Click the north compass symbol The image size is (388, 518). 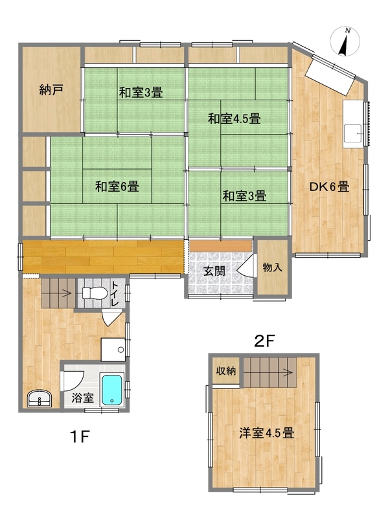(x=345, y=42)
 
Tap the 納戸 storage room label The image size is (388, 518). (x=51, y=89)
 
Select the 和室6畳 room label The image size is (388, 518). (x=117, y=186)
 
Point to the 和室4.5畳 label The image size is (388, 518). (x=234, y=118)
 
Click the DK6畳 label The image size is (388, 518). (x=329, y=187)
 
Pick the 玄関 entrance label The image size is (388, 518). (x=214, y=271)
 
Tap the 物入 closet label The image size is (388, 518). (x=272, y=267)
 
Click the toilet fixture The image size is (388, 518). (x=94, y=293)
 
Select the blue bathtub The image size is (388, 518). (x=112, y=390)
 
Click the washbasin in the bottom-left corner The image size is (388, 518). (x=40, y=399)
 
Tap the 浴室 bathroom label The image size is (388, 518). (x=83, y=398)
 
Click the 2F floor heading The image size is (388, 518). (x=264, y=341)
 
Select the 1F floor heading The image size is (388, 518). (x=80, y=436)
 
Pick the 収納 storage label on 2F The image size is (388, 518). (x=226, y=370)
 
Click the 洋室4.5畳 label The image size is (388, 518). (x=267, y=433)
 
